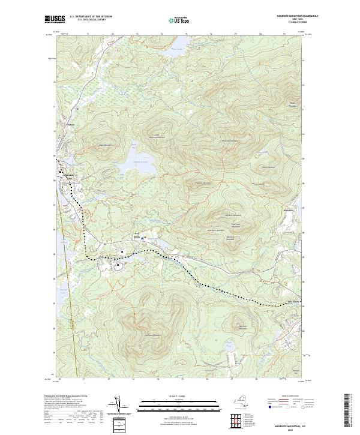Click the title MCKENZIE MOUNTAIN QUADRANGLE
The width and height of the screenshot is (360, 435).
click(x=292, y=16)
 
